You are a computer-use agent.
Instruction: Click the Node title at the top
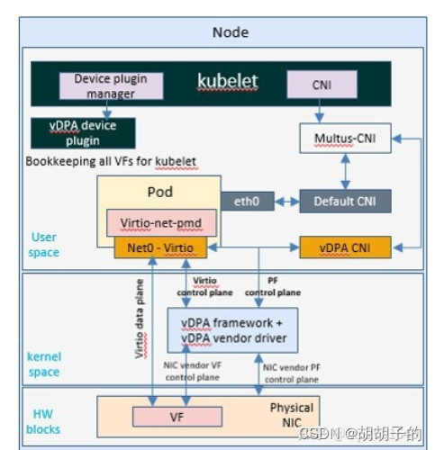click(x=231, y=32)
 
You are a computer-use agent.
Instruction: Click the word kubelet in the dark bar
click(x=227, y=81)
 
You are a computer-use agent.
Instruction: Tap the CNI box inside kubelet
click(x=322, y=85)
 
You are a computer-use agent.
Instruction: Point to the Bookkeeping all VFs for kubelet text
click(x=111, y=161)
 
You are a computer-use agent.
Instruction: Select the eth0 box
click(x=247, y=202)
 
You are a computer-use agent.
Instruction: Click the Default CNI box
click(x=345, y=202)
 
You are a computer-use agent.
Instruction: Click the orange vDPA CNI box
click(x=345, y=246)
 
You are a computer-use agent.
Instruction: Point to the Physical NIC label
click(x=292, y=414)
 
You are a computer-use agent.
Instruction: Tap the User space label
click(x=44, y=245)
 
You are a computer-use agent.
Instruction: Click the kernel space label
click(x=44, y=364)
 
